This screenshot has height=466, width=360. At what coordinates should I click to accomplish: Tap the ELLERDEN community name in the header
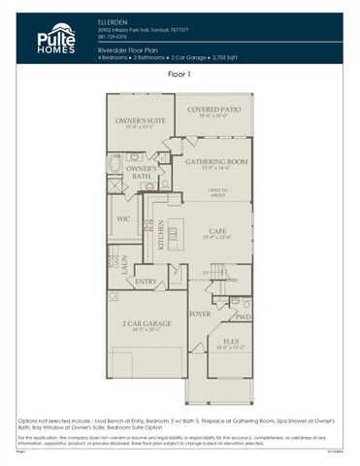coord(114,19)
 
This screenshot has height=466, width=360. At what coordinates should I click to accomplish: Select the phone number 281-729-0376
coord(113,37)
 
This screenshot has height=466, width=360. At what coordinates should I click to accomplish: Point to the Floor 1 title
coord(180,74)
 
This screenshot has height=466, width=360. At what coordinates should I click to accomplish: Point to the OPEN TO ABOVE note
coord(217,193)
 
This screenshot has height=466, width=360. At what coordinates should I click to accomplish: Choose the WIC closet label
coord(124,219)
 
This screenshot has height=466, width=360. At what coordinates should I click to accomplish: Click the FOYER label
coord(200,315)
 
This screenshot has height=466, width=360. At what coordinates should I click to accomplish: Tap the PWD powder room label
coord(242,316)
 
